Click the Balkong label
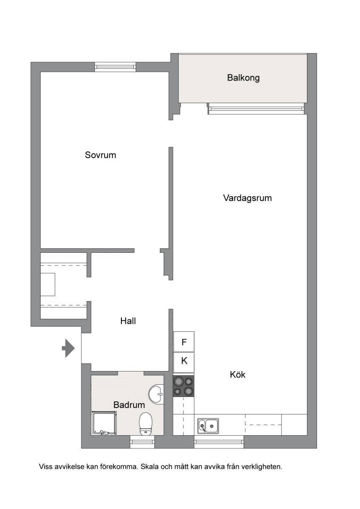point(243,78)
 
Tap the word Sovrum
point(100,155)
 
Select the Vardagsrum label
point(247,198)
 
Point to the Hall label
point(128,321)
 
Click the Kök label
point(238,375)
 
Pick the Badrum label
point(129,405)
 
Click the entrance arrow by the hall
point(68,348)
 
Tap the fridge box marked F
point(184,342)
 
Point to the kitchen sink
point(208,425)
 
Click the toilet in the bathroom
point(146,424)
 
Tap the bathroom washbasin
point(156,394)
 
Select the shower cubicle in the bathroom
point(104,423)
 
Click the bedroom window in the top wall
point(115,67)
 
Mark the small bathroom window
point(142,442)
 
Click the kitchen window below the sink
point(219,442)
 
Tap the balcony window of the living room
point(256,109)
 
